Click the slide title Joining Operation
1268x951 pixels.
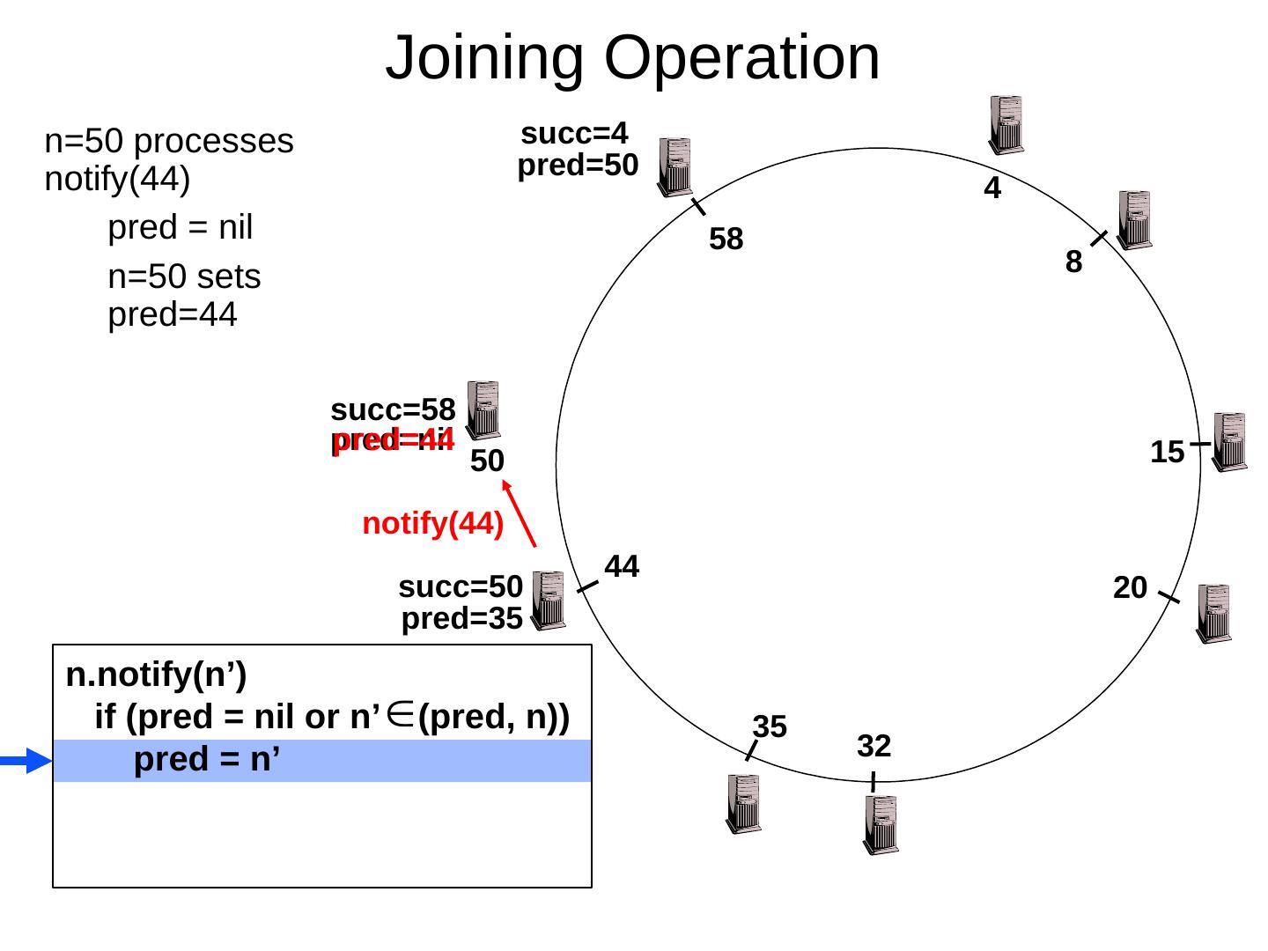pos(632,57)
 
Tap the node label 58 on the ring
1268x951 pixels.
pos(726,239)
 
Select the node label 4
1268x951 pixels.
pos(992,188)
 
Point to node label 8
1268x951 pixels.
pos(1073,262)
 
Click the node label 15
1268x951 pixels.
pos(1167,453)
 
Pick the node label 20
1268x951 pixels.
pos(1130,587)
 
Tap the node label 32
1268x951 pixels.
pos(874,747)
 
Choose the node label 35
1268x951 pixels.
pos(770,726)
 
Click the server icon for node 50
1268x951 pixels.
pos(483,409)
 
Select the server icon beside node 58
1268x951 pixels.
pos(675,166)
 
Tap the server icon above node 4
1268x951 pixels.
pos(1006,124)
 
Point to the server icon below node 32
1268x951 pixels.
pos(881,824)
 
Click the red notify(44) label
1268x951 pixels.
pos(432,524)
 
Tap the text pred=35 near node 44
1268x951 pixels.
pos(461,620)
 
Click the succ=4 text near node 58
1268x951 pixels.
pos(574,134)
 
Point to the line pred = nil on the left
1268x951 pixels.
pos(180,228)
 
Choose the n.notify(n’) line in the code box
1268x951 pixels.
pos(156,676)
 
